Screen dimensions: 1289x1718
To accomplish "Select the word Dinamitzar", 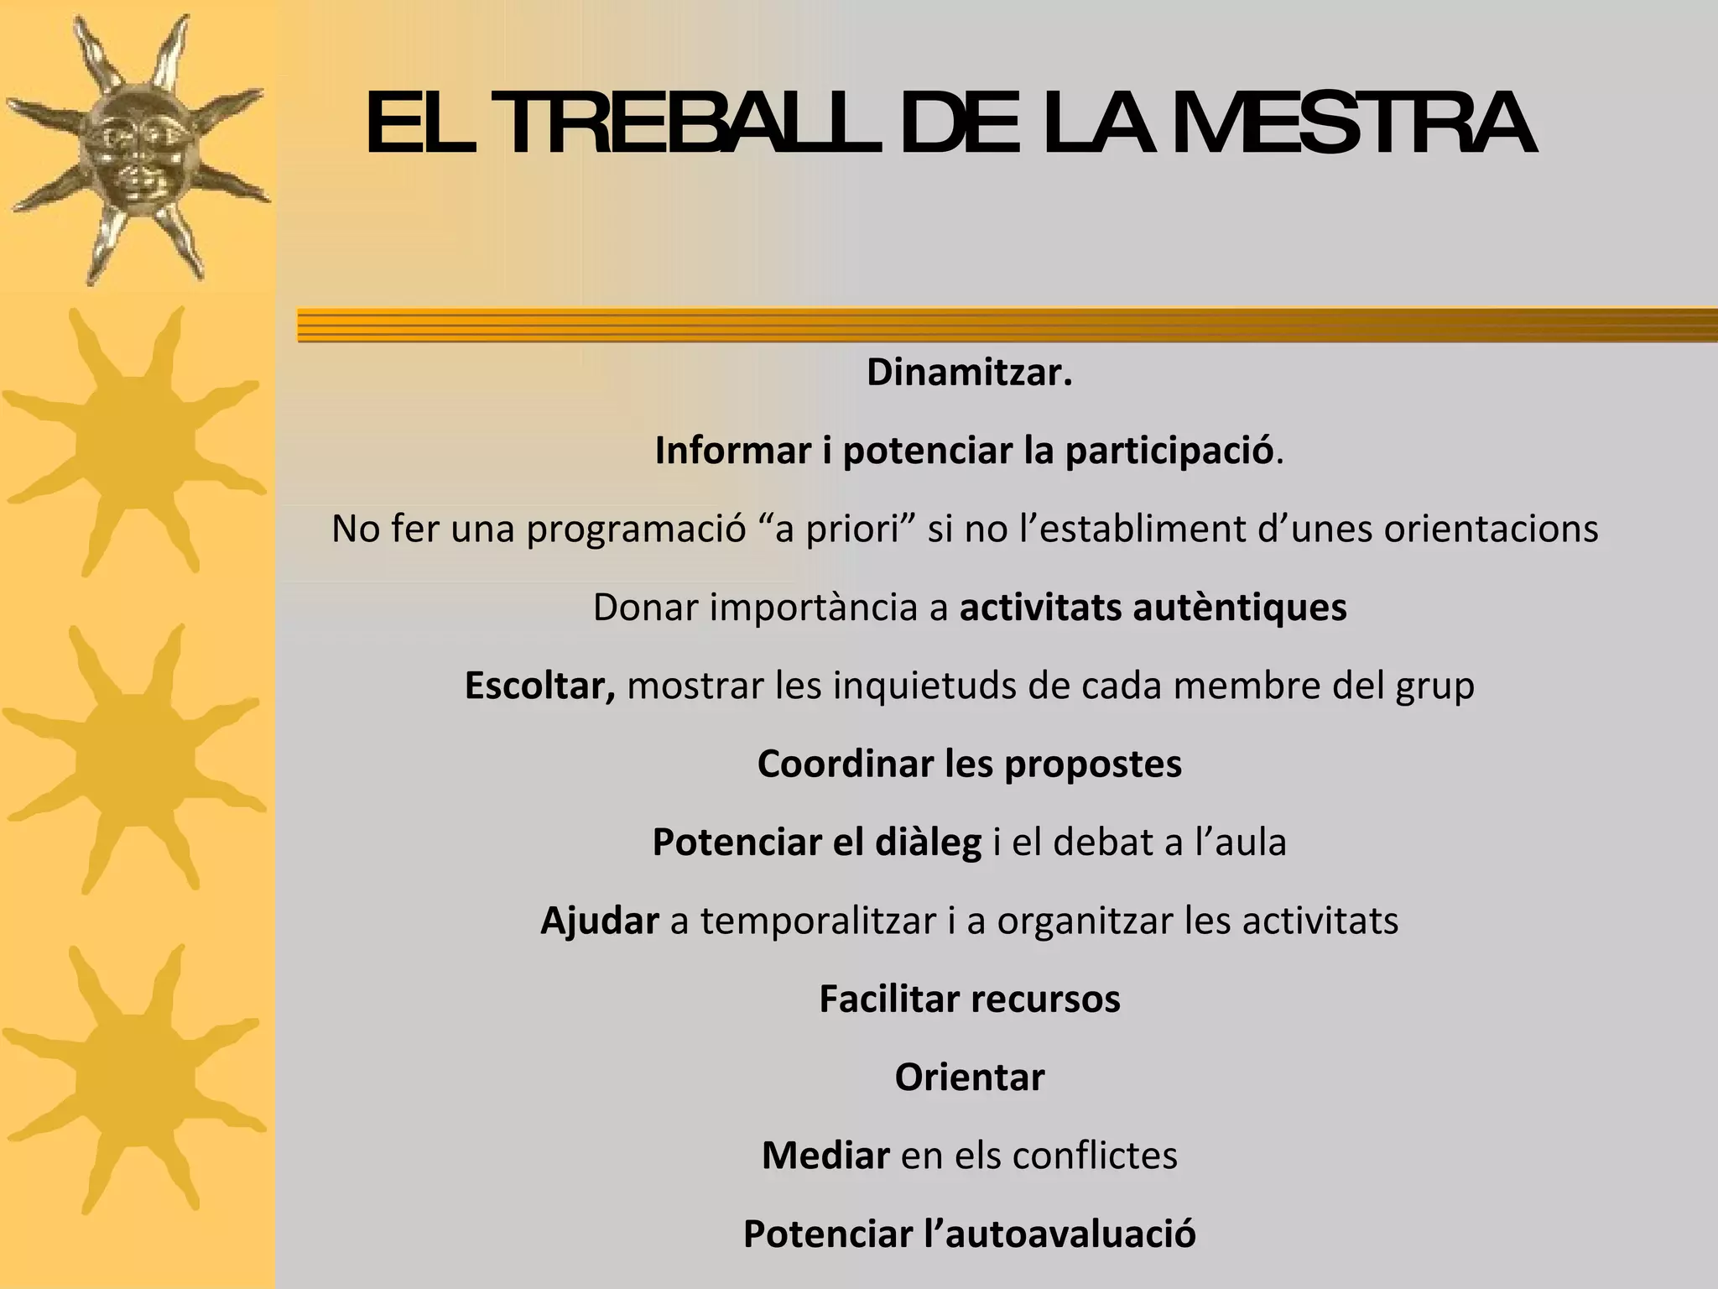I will [x=969, y=373].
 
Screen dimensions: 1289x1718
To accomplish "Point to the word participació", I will [x=1169, y=451].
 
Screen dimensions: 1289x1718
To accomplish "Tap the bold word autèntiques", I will [x=1239, y=607].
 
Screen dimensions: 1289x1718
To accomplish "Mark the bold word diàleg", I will [x=928, y=842].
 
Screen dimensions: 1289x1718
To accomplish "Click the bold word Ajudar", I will [x=599, y=921].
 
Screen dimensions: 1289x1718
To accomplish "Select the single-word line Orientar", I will [x=970, y=1078].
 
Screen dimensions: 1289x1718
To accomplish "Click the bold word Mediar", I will [x=825, y=1156].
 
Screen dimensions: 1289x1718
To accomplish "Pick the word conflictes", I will [x=1095, y=1156].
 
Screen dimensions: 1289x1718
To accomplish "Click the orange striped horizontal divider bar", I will [x=1007, y=325].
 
